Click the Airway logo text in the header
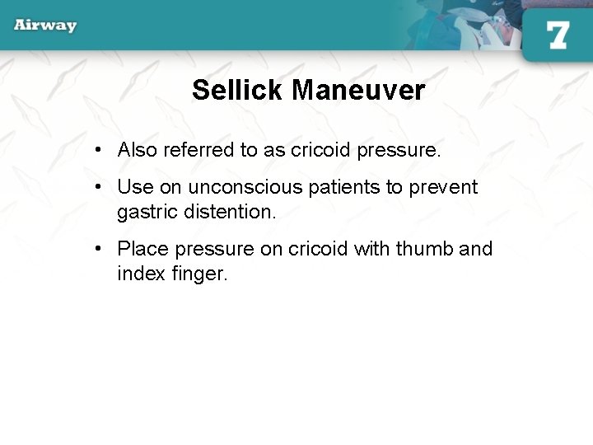[45, 25]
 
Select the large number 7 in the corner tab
[558, 35]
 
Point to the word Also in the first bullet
[138, 150]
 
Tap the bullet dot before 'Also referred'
[98, 151]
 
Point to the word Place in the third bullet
[142, 249]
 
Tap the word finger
[199, 274]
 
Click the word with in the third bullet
[371, 249]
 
